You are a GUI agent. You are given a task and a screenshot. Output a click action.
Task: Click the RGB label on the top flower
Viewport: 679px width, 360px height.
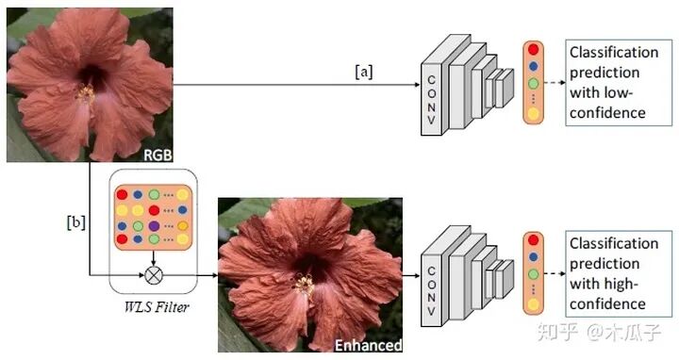point(157,155)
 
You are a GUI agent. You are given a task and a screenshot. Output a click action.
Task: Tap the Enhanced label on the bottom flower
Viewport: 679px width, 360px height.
point(369,345)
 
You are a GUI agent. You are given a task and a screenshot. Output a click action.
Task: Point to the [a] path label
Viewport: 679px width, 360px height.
point(364,72)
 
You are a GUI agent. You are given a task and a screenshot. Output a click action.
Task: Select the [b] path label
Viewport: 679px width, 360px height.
point(76,222)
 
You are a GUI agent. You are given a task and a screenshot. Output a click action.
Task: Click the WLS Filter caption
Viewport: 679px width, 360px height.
point(157,307)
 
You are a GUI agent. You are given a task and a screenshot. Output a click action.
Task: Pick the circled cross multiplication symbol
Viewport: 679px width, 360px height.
point(154,275)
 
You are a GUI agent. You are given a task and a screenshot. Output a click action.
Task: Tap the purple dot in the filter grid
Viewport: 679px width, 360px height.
point(154,225)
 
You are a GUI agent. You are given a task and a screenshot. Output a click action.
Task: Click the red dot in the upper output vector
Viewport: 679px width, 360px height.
point(533,49)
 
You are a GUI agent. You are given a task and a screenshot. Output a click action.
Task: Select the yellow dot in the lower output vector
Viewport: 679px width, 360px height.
point(533,304)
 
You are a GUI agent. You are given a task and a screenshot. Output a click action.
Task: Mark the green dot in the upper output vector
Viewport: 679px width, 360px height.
point(533,83)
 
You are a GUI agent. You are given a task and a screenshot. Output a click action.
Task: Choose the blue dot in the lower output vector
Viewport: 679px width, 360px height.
point(533,257)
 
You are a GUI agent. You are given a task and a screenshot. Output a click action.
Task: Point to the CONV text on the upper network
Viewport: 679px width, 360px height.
point(431,100)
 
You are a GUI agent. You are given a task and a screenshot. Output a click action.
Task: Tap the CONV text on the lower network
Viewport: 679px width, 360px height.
point(431,291)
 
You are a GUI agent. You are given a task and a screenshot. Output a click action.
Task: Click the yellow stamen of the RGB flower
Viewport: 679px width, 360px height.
point(86,93)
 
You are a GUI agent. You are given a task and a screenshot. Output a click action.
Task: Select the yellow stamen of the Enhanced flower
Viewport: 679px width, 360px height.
point(305,285)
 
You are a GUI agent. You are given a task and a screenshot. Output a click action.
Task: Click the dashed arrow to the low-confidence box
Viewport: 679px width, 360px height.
point(555,82)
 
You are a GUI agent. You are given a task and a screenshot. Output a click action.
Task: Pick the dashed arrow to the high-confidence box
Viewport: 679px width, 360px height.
point(555,273)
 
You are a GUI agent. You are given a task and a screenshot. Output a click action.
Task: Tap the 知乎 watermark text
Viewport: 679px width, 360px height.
point(558,332)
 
